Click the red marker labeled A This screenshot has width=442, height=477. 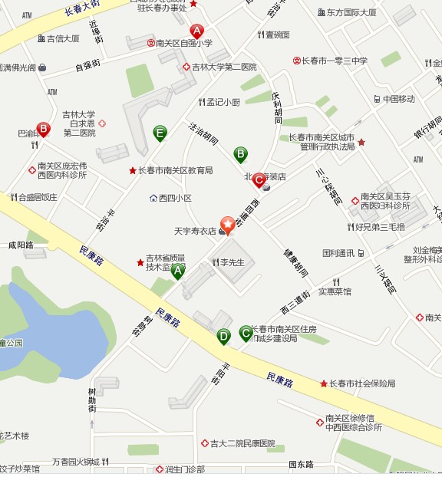[x=197, y=31]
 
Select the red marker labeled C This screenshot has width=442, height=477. [x=259, y=179]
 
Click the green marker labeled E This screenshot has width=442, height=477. [x=160, y=133]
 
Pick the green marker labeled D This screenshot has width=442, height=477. [x=223, y=335]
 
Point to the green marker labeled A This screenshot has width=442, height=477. [x=178, y=271]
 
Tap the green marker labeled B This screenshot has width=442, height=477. [x=240, y=154]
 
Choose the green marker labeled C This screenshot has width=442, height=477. [x=246, y=332]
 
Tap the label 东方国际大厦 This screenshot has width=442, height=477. [x=351, y=13]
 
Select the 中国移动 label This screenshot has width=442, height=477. [x=399, y=99]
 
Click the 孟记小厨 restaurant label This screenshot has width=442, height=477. [x=223, y=102]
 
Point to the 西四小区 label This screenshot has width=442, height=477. [x=174, y=198]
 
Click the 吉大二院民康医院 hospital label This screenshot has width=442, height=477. [x=242, y=443]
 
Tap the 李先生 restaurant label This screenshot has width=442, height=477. [x=232, y=262]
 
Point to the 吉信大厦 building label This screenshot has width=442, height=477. [x=63, y=38]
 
